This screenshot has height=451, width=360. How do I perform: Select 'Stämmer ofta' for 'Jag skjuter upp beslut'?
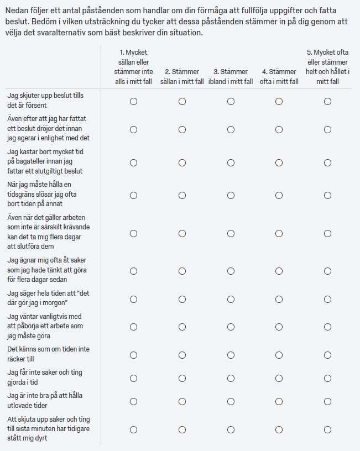279,102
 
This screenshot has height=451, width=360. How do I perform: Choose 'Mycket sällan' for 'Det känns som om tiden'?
133,355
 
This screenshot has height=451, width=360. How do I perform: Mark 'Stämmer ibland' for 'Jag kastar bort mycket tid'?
231,162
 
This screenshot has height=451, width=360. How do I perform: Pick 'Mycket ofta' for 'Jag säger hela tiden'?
328,299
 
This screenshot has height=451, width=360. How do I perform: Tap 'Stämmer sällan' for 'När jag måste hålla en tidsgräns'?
182,195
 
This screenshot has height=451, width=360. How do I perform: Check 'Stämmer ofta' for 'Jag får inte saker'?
279,378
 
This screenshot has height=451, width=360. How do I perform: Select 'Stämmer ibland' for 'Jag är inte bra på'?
231,401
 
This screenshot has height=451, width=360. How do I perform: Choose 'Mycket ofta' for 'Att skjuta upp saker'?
328,429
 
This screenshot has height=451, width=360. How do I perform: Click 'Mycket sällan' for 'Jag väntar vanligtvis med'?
133,327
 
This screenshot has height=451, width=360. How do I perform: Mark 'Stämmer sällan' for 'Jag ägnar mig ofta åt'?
182,271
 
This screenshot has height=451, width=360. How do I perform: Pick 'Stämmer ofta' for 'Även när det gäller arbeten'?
279,233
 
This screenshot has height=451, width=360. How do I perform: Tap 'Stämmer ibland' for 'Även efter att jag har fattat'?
231,129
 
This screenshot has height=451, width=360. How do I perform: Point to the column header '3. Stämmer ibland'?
231,76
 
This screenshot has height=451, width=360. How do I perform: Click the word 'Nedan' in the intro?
17,11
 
